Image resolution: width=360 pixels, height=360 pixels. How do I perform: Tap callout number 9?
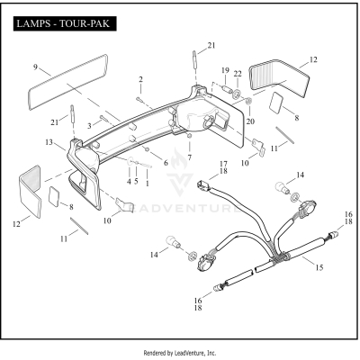click(36, 67)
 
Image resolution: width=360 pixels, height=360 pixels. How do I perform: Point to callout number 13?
click(49, 141)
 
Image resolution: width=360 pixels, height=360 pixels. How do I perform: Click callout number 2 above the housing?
click(139, 79)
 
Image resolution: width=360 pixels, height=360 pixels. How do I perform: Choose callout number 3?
click(89, 124)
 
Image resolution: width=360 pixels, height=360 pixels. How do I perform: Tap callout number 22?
click(238, 73)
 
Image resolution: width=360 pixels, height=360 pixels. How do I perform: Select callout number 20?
click(250, 121)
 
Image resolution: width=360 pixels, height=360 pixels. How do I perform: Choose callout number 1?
click(147, 181)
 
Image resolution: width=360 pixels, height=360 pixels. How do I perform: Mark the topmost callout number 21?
click(211, 45)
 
